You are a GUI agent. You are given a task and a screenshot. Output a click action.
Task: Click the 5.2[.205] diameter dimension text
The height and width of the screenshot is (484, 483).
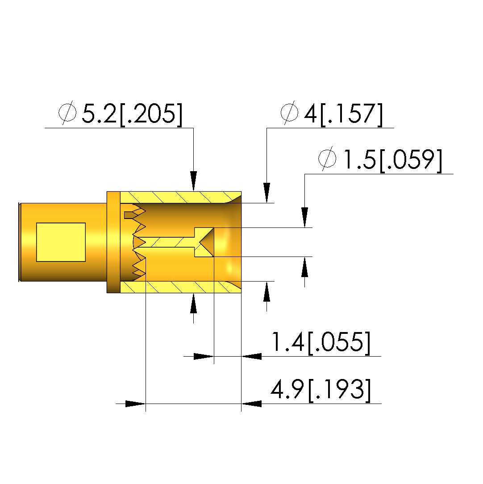click(132, 114)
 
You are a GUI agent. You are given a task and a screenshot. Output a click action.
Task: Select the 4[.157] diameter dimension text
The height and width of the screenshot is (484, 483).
click(343, 114)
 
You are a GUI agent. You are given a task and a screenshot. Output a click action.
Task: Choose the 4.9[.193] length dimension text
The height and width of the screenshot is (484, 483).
click(321, 390)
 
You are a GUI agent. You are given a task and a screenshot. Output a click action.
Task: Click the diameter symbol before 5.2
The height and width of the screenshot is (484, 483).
click(67, 112)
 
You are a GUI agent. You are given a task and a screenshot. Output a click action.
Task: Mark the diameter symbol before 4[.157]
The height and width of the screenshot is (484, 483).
click(289, 112)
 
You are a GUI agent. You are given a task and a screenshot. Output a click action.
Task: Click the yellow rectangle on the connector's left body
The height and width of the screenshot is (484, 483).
click(61, 242)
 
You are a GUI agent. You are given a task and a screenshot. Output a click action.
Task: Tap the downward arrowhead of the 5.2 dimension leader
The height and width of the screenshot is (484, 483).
click(193, 181)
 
